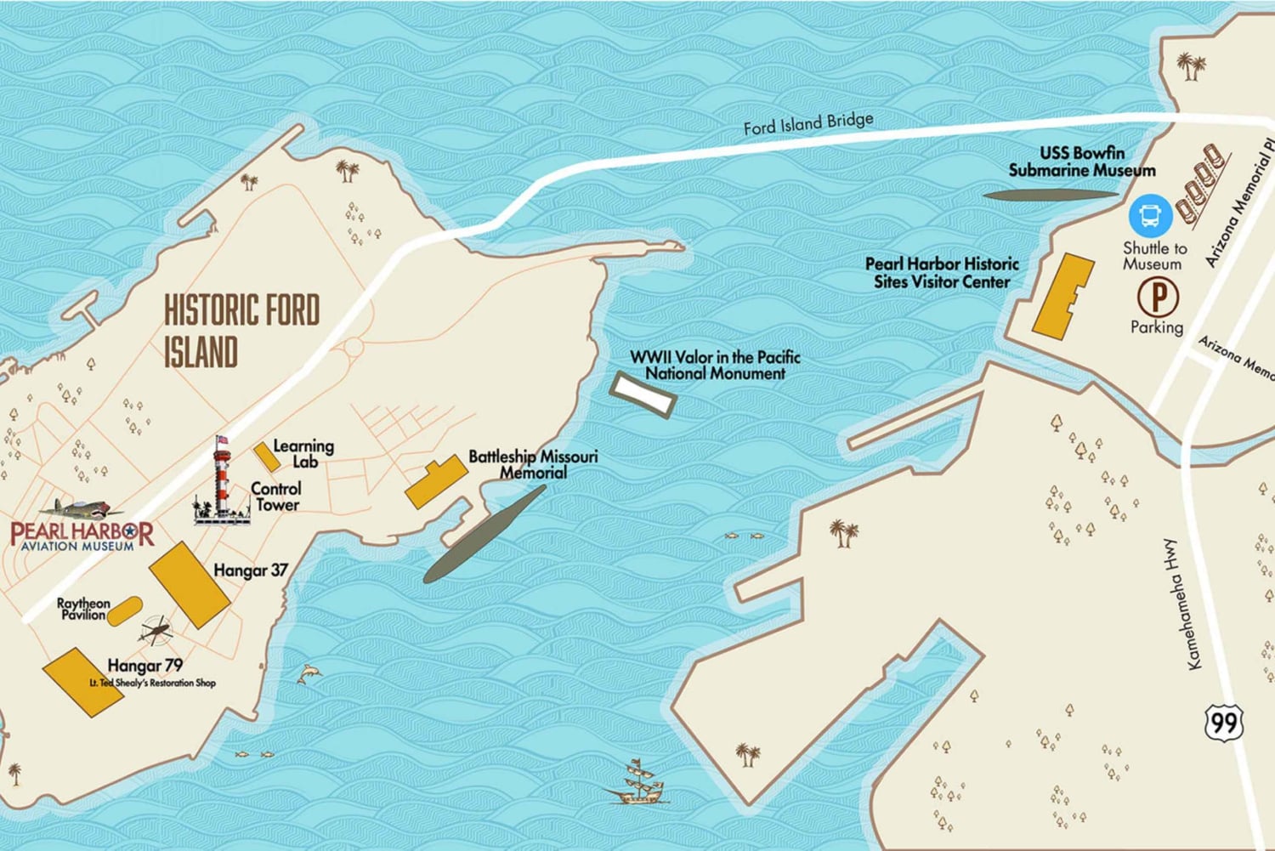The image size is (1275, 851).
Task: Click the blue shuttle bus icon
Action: coord(1150,216)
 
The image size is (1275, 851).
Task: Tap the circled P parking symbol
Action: coord(1158,298)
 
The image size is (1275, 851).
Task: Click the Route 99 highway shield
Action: coord(1224,723)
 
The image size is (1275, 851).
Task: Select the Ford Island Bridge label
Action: coord(807,124)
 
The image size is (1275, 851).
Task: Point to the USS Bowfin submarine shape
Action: coord(1050,195)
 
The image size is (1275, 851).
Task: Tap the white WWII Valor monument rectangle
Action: coord(643,394)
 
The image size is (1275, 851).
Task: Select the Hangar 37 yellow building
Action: coord(190,583)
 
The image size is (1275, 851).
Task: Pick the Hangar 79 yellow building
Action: coord(83,682)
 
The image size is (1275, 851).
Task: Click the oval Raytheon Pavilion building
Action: coord(124,610)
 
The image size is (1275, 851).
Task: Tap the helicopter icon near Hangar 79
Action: coord(156,631)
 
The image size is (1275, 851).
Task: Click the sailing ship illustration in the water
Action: coord(638,782)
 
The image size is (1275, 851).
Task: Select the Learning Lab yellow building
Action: coord(267,457)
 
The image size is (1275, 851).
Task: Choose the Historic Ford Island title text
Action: coord(241,331)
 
